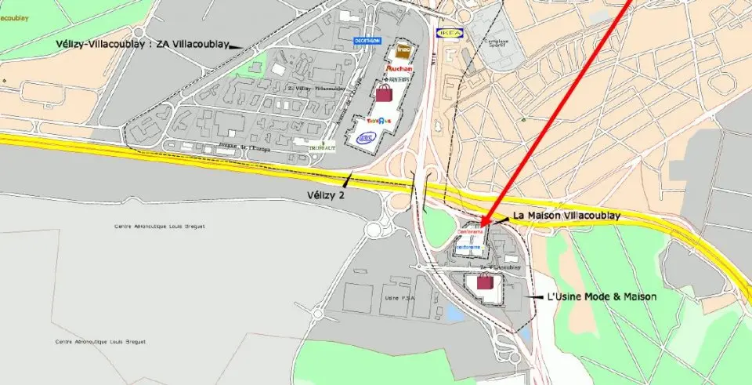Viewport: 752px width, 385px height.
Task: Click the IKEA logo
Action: click(x=452, y=34)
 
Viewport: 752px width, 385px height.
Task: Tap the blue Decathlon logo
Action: click(x=367, y=40)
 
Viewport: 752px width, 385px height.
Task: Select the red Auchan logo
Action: click(x=399, y=69)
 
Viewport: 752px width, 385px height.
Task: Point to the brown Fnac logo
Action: click(x=403, y=50)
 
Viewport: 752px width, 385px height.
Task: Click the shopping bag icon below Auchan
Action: click(x=384, y=93)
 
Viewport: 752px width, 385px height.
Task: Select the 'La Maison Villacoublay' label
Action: click(x=566, y=214)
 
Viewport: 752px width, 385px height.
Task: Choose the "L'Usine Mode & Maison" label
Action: click(x=601, y=298)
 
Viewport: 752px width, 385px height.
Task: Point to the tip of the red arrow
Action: click(x=482, y=226)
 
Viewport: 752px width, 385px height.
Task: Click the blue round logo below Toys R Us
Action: click(x=366, y=138)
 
